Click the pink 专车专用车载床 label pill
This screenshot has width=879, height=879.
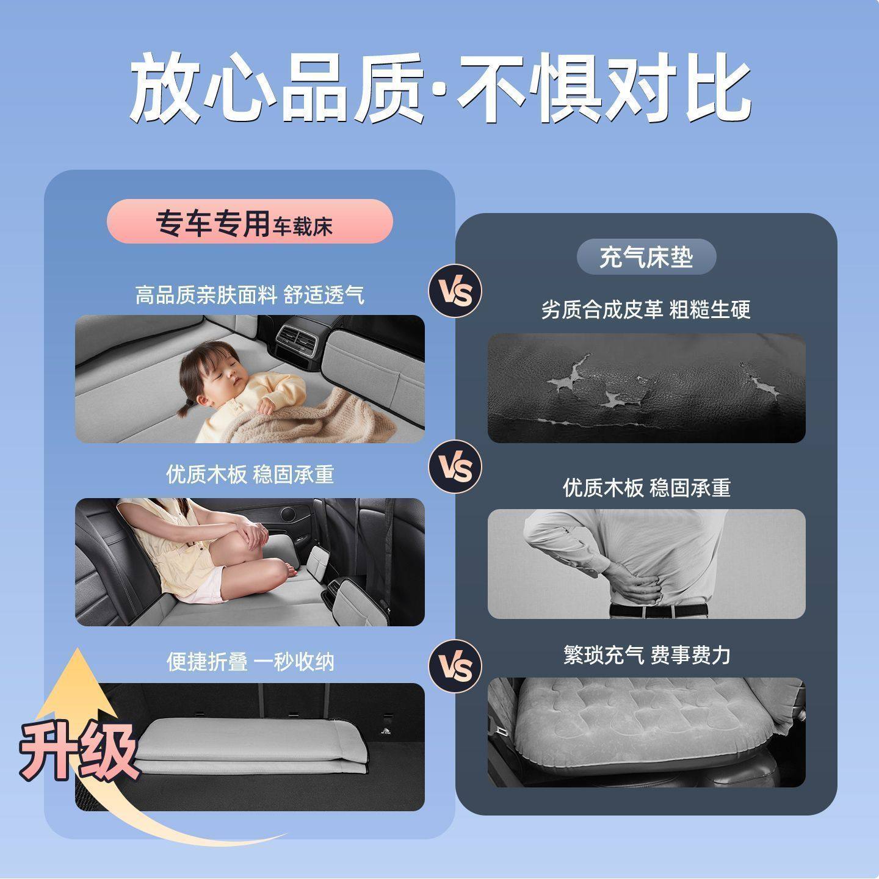(x=249, y=222)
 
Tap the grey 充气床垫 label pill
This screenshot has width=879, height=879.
(x=646, y=256)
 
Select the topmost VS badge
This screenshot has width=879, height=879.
(x=455, y=292)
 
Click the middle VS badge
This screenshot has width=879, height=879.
(x=455, y=467)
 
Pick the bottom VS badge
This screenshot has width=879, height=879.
(x=455, y=665)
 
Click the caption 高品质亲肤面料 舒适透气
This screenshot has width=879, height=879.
(x=249, y=295)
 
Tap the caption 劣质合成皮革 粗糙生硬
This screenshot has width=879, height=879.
(x=646, y=309)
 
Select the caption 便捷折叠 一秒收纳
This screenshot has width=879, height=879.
(x=250, y=662)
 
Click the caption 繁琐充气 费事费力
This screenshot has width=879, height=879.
(x=646, y=655)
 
